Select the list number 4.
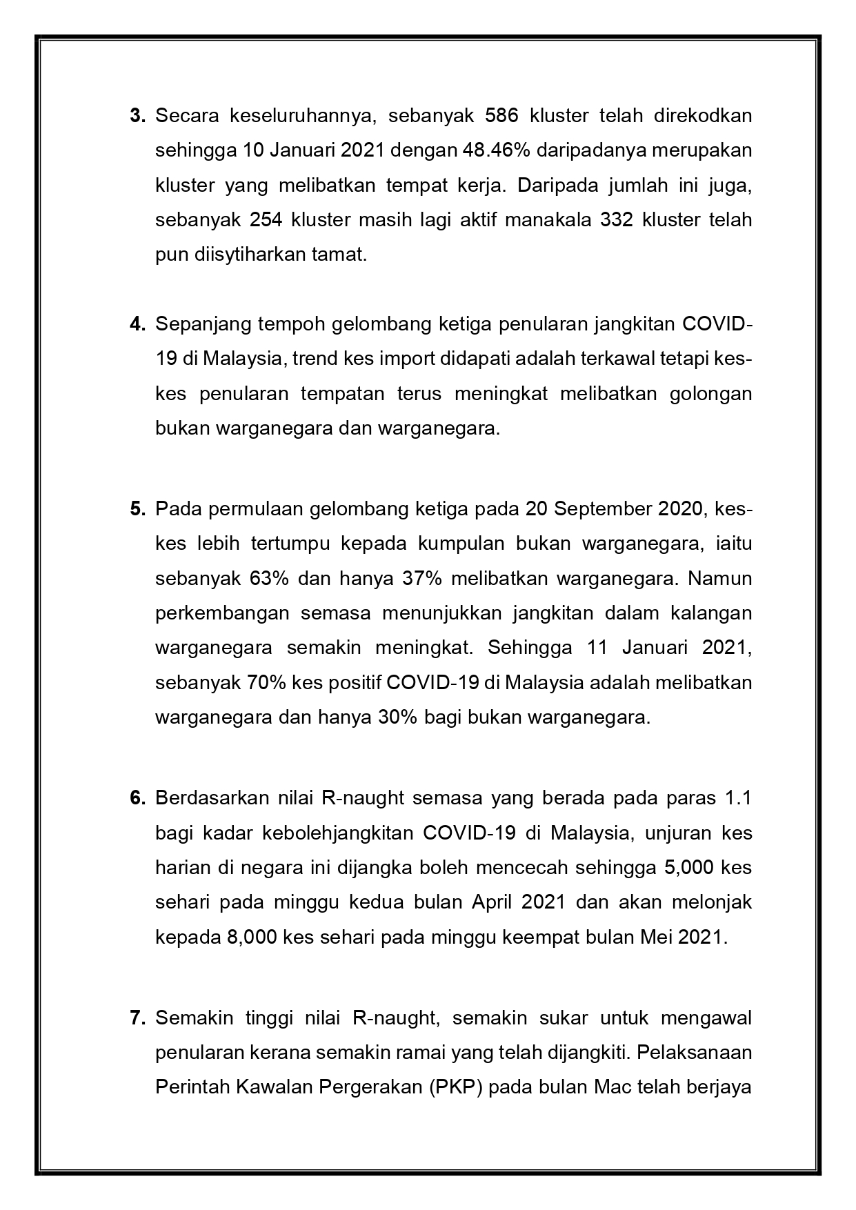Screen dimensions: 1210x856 [x=137, y=324]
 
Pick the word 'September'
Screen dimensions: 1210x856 [x=598, y=509]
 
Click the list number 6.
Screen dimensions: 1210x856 [x=137, y=798]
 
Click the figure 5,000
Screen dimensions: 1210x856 [x=688, y=868]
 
